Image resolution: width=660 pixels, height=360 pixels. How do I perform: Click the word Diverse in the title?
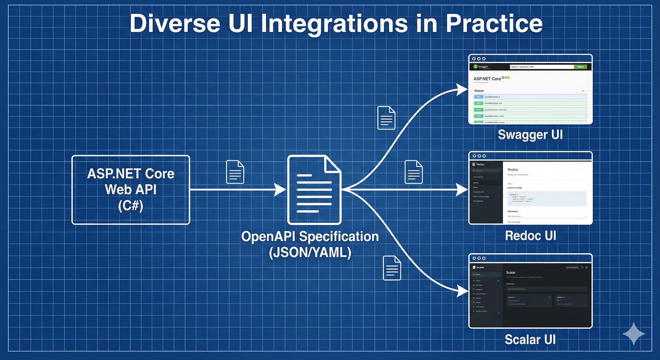click(175, 24)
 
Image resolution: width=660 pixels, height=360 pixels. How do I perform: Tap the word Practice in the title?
click(494, 24)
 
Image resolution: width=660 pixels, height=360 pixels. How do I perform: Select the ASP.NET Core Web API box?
click(131, 190)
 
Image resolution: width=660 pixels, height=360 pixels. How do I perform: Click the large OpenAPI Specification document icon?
click(314, 190)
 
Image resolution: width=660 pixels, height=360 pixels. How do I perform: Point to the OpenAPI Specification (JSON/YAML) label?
click(310, 244)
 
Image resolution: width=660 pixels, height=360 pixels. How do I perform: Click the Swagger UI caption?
click(530, 135)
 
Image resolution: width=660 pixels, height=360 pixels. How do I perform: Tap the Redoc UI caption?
click(530, 236)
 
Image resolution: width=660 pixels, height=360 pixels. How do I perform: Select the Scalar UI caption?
click(530, 339)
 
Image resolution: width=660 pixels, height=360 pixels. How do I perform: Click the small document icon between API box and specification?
click(235, 172)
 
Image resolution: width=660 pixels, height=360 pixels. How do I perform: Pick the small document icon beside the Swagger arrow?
click(386, 118)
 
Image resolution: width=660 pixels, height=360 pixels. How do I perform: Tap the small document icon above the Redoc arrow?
click(413, 172)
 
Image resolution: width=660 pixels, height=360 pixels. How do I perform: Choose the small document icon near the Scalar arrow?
click(392, 268)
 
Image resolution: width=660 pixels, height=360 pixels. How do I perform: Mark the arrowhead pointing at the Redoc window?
click(463, 190)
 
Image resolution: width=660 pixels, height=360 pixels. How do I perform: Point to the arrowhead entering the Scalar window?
click(463, 291)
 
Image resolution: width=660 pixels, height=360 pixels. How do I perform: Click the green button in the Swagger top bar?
click(580, 67)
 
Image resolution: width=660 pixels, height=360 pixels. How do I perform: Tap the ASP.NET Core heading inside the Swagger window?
click(487, 79)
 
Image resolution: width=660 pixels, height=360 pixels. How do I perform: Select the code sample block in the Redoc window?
click(547, 199)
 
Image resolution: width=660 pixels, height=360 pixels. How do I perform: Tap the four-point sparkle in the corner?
click(634, 334)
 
